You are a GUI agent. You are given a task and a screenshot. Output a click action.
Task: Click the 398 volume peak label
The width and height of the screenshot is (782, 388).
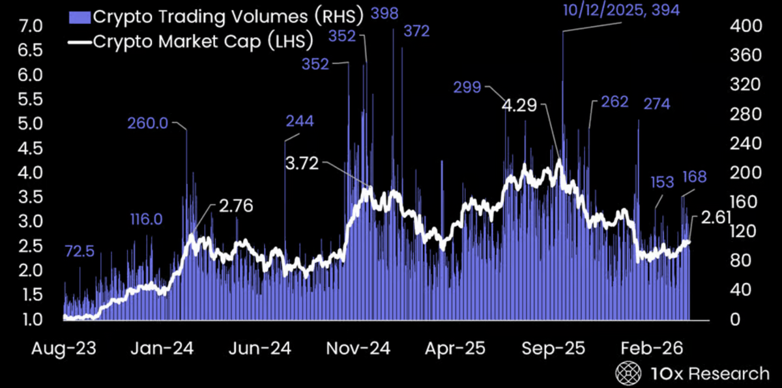pyautogui.click(x=384, y=14)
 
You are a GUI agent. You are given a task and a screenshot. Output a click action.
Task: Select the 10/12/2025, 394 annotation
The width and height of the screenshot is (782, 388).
pyautogui.click(x=622, y=10)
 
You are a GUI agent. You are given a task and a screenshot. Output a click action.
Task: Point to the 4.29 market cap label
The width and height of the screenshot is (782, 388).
pyautogui.click(x=519, y=105)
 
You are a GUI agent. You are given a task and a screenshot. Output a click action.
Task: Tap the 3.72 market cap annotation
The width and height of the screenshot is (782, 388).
pyautogui.click(x=302, y=163)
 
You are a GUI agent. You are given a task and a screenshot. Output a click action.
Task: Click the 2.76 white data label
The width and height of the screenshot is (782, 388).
pyautogui.click(x=236, y=206)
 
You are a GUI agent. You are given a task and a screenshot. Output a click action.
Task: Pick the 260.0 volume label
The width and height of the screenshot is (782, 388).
pyautogui.click(x=148, y=124)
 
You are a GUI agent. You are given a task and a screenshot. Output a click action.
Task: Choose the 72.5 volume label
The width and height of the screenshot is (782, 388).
pyautogui.click(x=80, y=251)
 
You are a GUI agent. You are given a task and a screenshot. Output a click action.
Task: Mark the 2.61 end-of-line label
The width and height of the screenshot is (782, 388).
pyautogui.click(x=716, y=218)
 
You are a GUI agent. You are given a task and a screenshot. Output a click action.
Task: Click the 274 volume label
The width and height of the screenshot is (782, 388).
pyautogui.click(x=657, y=104)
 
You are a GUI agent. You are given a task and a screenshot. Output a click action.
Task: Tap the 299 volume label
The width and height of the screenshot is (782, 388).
pyautogui.click(x=467, y=87)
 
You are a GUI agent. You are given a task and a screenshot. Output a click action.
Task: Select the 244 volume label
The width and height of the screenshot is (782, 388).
pyautogui.click(x=300, y=121)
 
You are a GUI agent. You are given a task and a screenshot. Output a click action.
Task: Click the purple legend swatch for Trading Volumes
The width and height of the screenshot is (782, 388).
pyautogui.click(x=80, y=17)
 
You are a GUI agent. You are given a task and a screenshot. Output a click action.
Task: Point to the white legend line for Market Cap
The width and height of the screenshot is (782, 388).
pyautogui.click(x=80, y=42)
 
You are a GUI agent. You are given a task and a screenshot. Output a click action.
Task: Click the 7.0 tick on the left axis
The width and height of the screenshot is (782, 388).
pyautogui.click(x=31, y=27)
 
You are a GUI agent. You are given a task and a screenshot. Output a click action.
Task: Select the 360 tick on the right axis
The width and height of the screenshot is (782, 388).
pyautogui.click(x=746, y=56)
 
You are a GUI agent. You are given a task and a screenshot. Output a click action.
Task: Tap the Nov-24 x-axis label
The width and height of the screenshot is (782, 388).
pyautogui.click(x=358, y=348)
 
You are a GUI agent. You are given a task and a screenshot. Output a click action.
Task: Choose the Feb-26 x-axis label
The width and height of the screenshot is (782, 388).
pyautogui.click(x=652, y=348)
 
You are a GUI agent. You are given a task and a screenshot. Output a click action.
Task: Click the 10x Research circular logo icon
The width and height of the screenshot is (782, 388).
pyautogui.click(x=628, y=374)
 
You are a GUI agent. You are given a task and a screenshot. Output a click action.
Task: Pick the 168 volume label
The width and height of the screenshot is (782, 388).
pyautogui.click(x=695, y=177)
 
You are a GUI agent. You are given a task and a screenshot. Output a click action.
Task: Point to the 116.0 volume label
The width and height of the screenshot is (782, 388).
pyautogui.click(x=146, y=219)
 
